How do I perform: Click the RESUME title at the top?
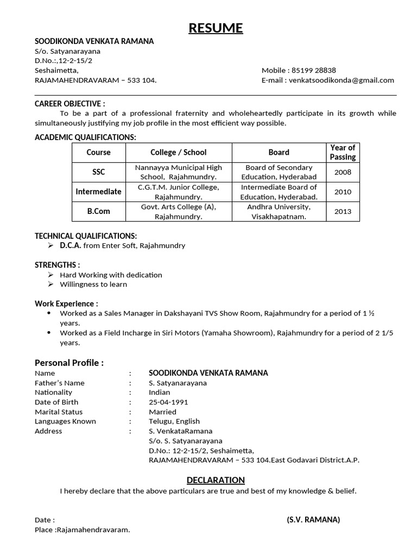[216, 28]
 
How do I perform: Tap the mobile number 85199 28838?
[314, 70]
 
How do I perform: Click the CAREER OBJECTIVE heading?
[70, 104]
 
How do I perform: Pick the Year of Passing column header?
[343, 152]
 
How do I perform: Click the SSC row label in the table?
[98, 172]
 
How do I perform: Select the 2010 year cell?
[343, 192]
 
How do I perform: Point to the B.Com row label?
[98, 211]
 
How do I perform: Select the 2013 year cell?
[343, 211]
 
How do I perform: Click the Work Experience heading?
[66, 304]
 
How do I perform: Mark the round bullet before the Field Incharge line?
[50, 332]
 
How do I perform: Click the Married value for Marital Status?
[162, 412]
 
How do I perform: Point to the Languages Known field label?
[65, 421]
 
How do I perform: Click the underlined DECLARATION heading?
[216, 480]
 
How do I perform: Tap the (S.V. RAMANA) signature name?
[313, 520]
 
